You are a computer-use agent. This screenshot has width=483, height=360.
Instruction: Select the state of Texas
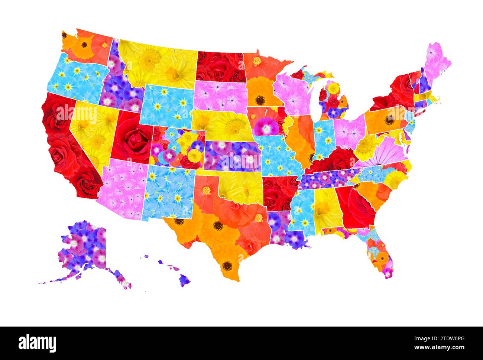click(x=219, y=230)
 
